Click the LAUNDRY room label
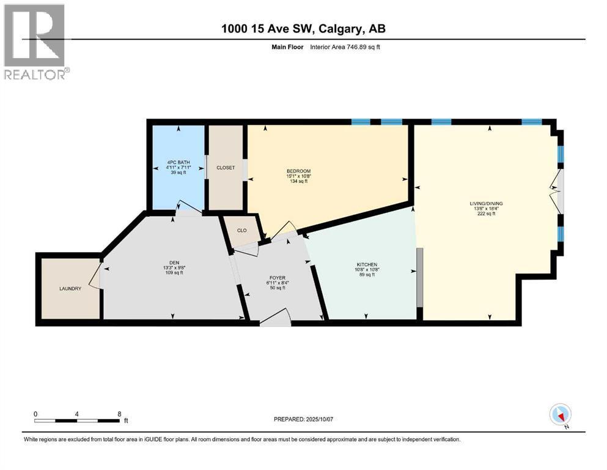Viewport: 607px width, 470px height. [x=70, y=288]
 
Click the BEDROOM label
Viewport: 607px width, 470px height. [x=298, y=171]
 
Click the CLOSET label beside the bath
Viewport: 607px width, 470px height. [x=225, y=168]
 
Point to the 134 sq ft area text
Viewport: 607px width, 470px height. [x=299, y=181]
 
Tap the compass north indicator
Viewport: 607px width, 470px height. [x=560, y=414]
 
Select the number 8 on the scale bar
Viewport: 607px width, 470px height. [x=119, y=413]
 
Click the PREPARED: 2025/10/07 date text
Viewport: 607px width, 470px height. [x=307, y=419]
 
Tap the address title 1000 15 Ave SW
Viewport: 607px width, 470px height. [x=303, y=28]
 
